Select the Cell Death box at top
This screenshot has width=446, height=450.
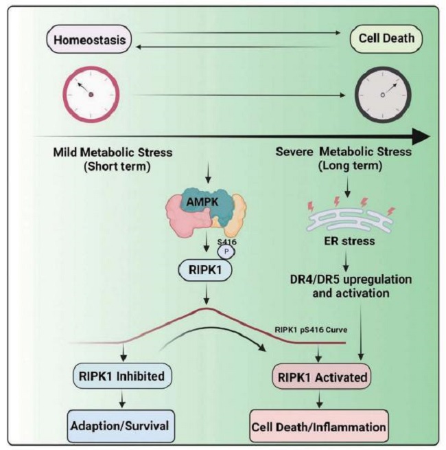pos(384,39)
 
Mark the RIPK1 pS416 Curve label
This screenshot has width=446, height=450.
pos(308,329)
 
